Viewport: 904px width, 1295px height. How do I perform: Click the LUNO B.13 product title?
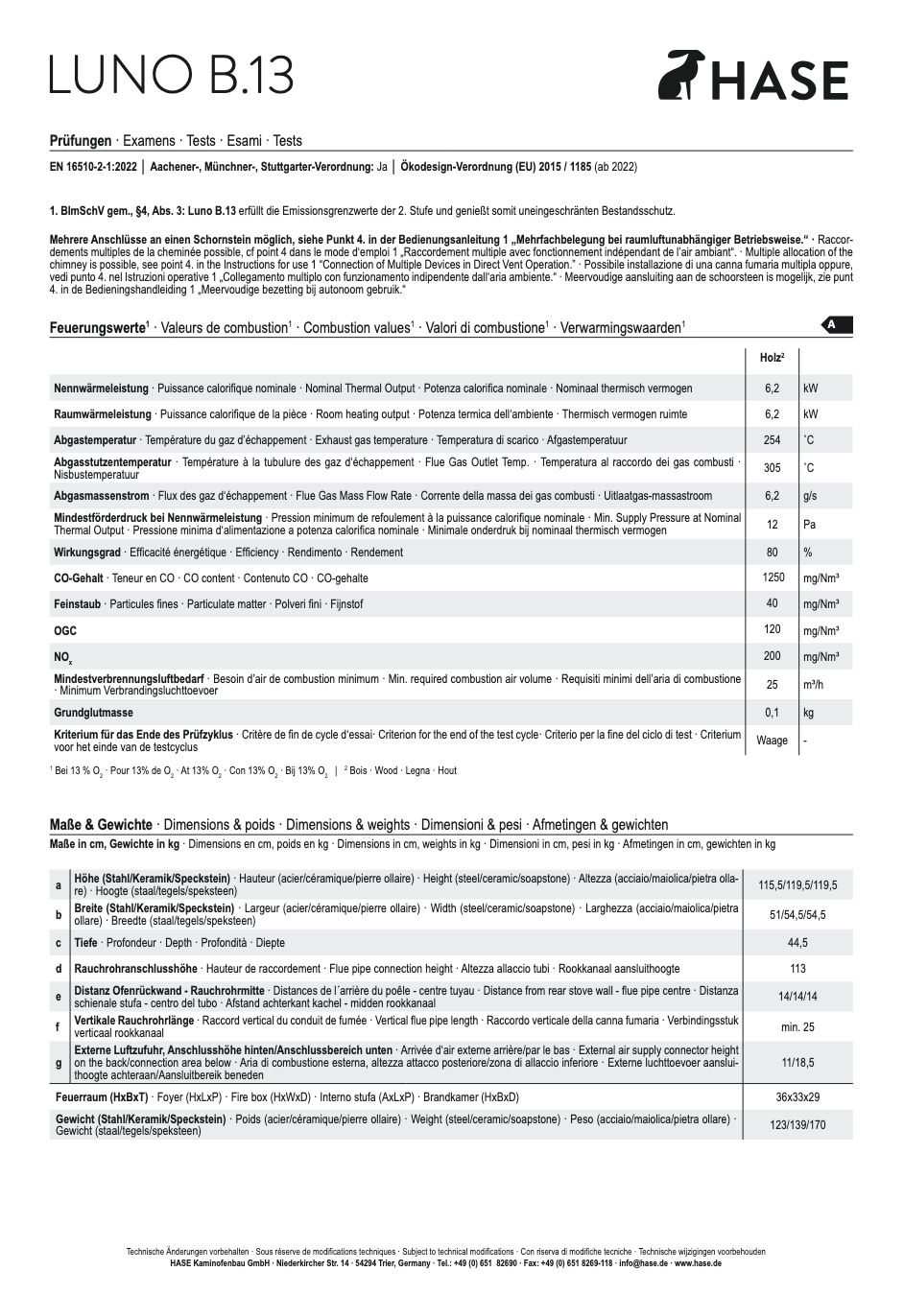click(x=171, y=75)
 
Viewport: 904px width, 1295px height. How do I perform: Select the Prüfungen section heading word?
click(x=81, y=141)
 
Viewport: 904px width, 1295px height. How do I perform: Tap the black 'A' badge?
click(x=836, y=325)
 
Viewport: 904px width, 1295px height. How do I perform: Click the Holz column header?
click(x=772, y=358)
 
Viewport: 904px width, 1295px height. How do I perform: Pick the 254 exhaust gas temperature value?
click(x=772, y=440)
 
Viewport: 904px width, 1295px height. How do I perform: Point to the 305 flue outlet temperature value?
click(x=772, y=468)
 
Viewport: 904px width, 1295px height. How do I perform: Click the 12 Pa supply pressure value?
click(x=772, y=525)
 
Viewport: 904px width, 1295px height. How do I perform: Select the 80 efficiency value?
click(x=772, y=553)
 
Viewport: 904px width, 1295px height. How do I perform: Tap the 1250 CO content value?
click(x=772, y=577)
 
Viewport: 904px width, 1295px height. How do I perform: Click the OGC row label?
click(x=65, y=631)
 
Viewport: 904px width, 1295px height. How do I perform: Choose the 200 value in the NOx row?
click(x=772, y=656)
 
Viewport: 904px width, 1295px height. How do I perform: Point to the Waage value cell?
click(x=772, y=741)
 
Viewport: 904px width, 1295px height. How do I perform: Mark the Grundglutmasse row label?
click(x=93, y=713)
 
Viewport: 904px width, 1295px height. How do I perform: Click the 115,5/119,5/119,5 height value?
click(x=797, y=884)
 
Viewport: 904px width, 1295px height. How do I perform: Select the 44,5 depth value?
click(x=797, y=943)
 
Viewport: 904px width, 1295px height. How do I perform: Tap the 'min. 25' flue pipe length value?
click(x=797, y=1026)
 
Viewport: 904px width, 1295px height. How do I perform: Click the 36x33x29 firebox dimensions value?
click(x=797, y=1097)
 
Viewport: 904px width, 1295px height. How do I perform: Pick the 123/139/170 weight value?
click(x=797, y=1125)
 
